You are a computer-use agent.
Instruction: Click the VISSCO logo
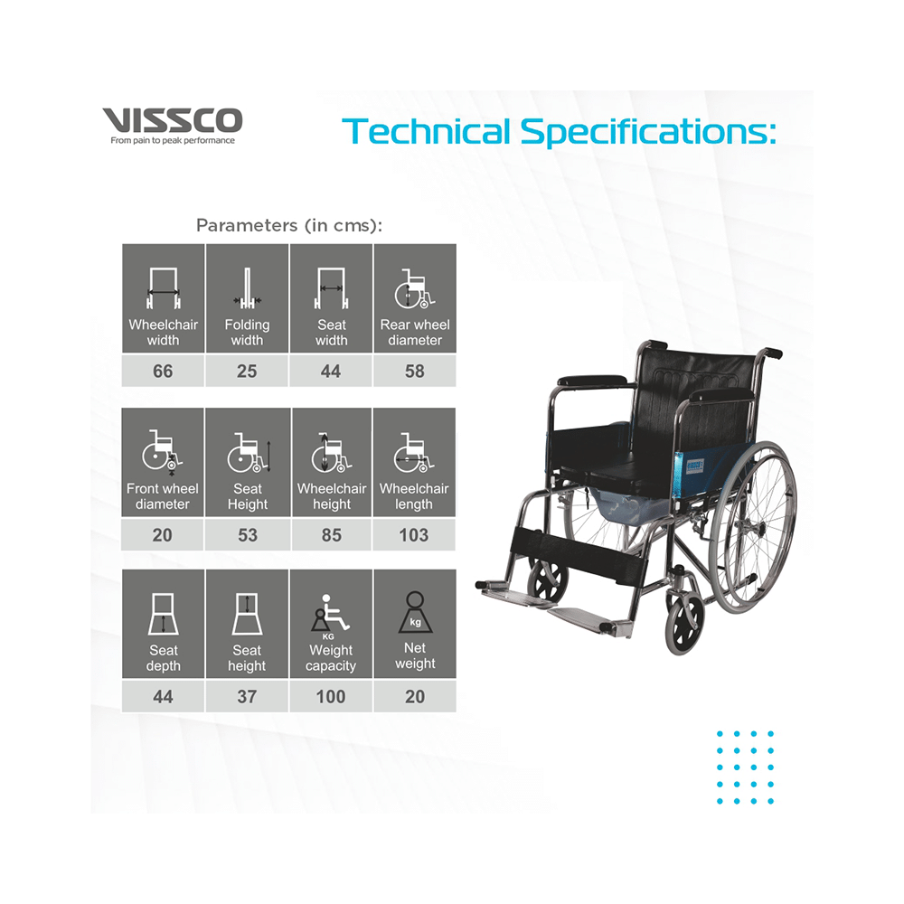point(172,120)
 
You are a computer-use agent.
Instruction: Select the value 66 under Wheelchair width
point(163,372)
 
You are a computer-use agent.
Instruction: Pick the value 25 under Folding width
point(247,372)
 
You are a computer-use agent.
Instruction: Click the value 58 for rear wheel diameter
point(415,372)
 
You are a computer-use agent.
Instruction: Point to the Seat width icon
point(331,288)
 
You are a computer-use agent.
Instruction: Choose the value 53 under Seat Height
point(247,535)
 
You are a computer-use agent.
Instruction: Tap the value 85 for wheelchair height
point(331,535)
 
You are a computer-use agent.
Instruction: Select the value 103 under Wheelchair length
point(414,535)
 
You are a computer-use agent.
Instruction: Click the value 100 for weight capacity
point(331,697)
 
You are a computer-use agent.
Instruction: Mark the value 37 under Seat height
point(247,697)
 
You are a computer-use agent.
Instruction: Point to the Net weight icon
point(415,614)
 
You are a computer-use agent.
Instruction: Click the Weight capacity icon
point(331,616)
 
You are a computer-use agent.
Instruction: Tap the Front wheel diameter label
point(163,496)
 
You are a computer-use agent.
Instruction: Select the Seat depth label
point(163,658)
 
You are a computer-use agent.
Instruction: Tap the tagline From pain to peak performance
point(172,141)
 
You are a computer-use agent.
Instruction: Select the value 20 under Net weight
point(415,697)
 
